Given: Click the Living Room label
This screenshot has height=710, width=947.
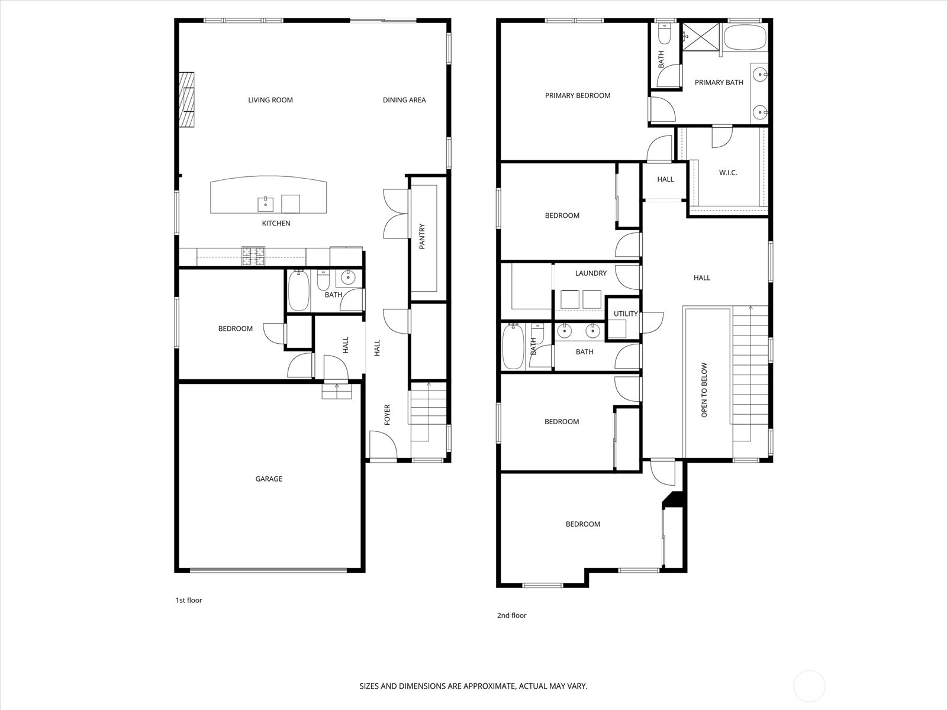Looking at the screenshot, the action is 270,100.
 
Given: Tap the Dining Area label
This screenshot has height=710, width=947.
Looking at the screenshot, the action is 404,100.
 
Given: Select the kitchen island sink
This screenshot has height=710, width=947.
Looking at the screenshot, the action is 265,204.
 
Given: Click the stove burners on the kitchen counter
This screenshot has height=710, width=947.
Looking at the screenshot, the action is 253,257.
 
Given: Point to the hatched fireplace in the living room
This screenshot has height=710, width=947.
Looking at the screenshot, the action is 187,99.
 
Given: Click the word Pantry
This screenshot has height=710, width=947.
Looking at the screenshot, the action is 422,236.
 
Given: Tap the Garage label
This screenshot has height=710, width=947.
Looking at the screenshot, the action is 269,479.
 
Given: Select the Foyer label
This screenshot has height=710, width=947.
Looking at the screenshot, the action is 387,415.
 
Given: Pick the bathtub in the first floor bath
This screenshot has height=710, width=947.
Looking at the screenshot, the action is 298,290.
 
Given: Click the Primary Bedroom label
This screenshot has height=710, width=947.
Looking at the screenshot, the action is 578,96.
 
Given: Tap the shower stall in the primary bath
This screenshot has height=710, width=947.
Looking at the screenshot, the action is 701,37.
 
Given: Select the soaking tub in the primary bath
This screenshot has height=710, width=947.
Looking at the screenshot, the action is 745,37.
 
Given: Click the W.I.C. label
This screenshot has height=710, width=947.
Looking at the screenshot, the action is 728,173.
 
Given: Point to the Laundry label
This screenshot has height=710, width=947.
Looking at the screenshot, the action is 591,273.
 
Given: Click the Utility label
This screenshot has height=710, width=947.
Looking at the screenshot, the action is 626,314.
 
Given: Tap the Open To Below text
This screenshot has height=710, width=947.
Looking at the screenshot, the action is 704,390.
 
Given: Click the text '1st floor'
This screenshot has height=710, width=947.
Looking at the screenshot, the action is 189,600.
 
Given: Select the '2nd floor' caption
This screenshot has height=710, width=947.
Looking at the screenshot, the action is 512,615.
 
